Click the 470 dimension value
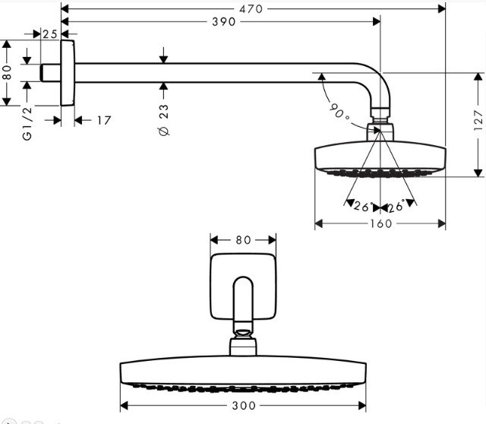[251, 9]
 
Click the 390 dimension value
[224, 22]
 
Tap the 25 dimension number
[50, 33]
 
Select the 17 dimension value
[104, 120]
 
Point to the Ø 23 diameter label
[164, 120]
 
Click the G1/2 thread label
[27, 123]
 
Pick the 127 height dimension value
[478, 120]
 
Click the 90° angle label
[339, 111]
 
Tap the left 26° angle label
[364, 206]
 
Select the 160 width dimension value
[381, 223]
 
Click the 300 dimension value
[244, 406]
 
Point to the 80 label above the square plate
[243, 240]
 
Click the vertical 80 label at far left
[7, 72]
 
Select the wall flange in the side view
[68, 73]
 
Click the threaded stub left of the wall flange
[51, 73]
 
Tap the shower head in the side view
[380, 159]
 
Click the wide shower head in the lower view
[243, 372]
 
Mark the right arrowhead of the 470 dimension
[442, 9]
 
